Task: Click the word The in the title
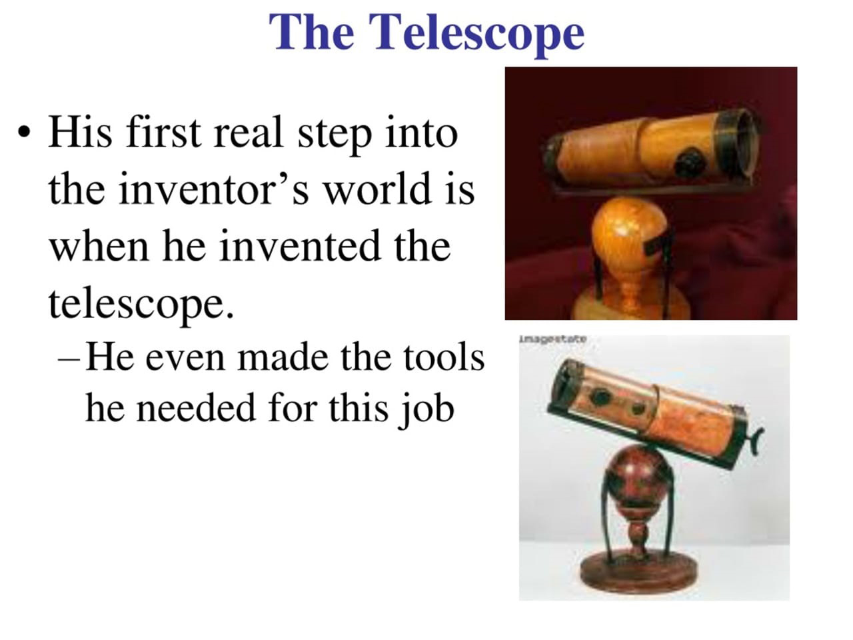coord(312,31)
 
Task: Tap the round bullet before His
coord(24,132)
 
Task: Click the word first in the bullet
coord(164,133)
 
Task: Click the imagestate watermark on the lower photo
coord(552,339)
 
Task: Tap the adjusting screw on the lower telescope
coord(754,441)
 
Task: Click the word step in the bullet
coord(334,134)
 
